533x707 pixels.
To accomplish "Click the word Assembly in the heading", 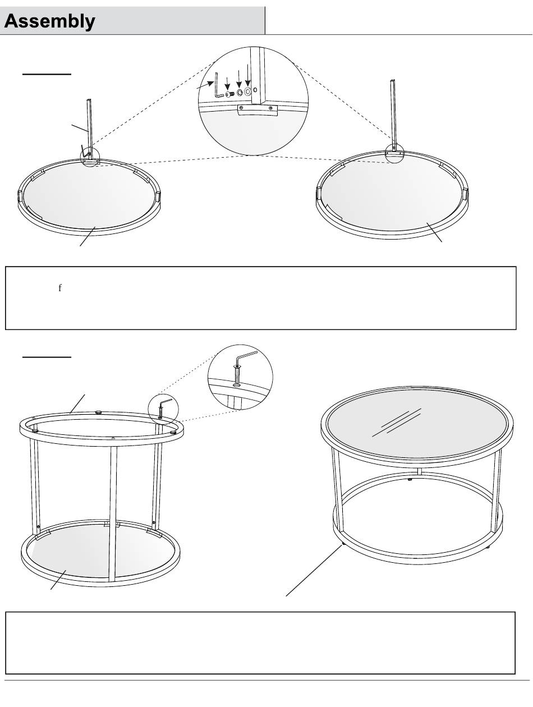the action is coord(49,21).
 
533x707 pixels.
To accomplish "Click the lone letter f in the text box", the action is coord(60,288).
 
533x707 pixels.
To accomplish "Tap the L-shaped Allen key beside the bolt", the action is coord(218,85).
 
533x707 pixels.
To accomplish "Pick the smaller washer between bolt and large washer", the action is coord(240,93).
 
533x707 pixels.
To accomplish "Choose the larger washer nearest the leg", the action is coord(247,92).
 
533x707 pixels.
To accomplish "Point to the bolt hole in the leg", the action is coord(255,90).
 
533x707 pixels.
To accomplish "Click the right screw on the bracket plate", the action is coord(270,108).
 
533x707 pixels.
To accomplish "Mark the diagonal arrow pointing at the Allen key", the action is coord(205,85).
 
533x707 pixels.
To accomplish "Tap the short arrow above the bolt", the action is coord(227,84).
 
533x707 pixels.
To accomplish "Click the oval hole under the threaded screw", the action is coord(237,384).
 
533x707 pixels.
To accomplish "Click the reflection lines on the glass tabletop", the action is coord(397,423).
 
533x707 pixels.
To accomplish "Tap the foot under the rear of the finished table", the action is coord(410,480).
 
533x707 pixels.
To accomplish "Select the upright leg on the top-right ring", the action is coord(393,116).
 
